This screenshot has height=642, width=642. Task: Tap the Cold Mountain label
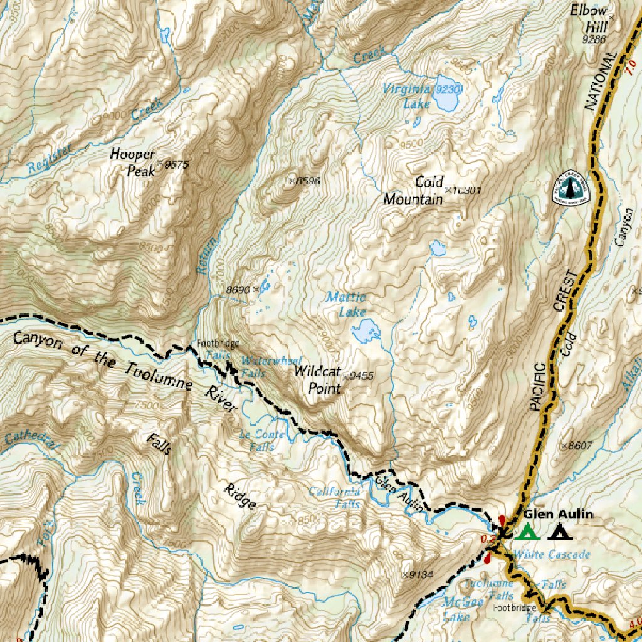coord(413,191)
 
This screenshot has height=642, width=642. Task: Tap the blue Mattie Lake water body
coord(366,330)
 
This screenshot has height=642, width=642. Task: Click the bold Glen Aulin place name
coord(558,514)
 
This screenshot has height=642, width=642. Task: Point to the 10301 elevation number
coord(466,190)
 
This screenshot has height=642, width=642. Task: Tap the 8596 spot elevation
coord(307,181)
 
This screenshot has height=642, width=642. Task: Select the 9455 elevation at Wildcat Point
coord(360,376)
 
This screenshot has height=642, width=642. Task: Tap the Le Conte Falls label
coord(262,441)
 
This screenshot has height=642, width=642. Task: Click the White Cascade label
coord(551,555)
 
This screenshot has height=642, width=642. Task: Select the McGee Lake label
coord(463,609)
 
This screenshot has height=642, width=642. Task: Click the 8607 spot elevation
coord(579,446)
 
